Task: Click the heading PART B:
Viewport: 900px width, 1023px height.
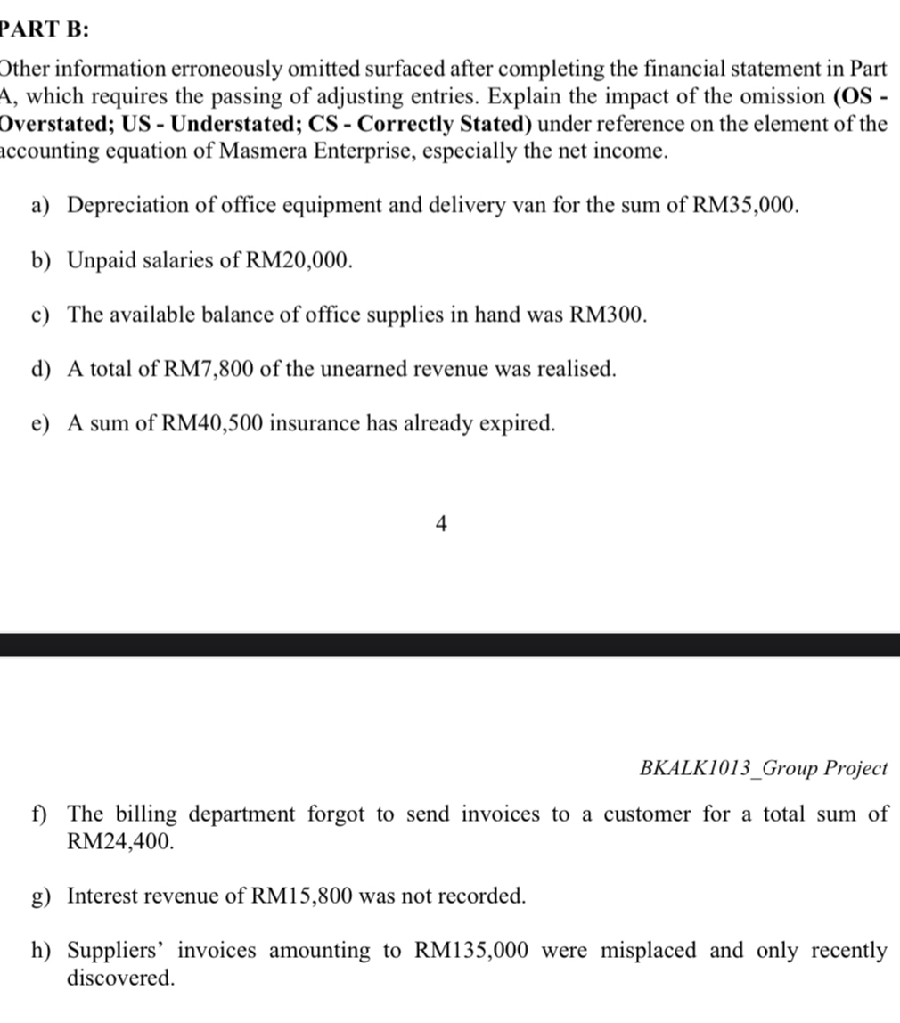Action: (x=44, y=29)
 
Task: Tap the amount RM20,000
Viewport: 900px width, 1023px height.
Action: (x=299, y=260)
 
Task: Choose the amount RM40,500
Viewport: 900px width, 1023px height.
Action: (x=213, y=423)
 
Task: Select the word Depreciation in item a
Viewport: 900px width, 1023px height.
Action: (x=128, y=206)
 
